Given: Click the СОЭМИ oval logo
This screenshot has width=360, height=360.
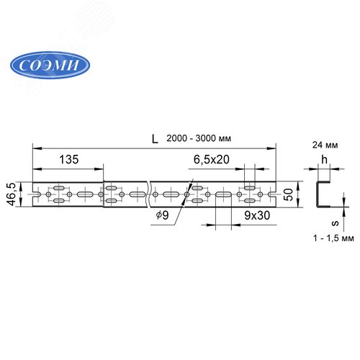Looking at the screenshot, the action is point(50,65).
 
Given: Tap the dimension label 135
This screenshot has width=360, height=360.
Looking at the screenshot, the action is point(69,159).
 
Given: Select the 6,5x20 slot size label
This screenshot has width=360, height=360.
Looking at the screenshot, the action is point(212,159).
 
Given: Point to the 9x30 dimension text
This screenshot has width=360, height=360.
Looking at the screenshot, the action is point(257,215).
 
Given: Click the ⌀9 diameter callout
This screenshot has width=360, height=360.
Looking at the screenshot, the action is point(162,215).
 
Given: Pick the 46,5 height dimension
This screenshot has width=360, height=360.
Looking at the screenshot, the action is point(12,194).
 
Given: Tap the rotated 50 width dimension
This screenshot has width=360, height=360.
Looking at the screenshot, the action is point(288,194).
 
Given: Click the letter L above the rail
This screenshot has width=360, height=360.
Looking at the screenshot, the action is point(155,139).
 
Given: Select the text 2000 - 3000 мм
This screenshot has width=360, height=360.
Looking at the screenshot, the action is point(199,138).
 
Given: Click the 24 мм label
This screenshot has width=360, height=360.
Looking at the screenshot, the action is point(325,145).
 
